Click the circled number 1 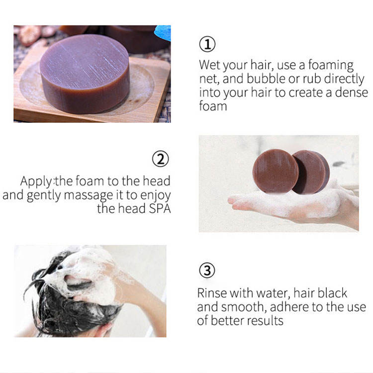(x=207, y=44)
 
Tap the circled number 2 (x=161, y=159)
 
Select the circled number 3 (x=207, y=271)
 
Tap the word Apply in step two (x=36, y=182)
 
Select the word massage (x=88, y=196)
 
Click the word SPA (x=160, y=208)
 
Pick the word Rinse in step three (x=212, y=293)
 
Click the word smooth (x=242, y=307)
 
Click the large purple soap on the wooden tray (x=85, y=74)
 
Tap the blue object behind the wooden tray (x=163, y=33)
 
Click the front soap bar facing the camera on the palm (x=275, y=171)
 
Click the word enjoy (x=156, y=196)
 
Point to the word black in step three (x=332, y=293)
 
